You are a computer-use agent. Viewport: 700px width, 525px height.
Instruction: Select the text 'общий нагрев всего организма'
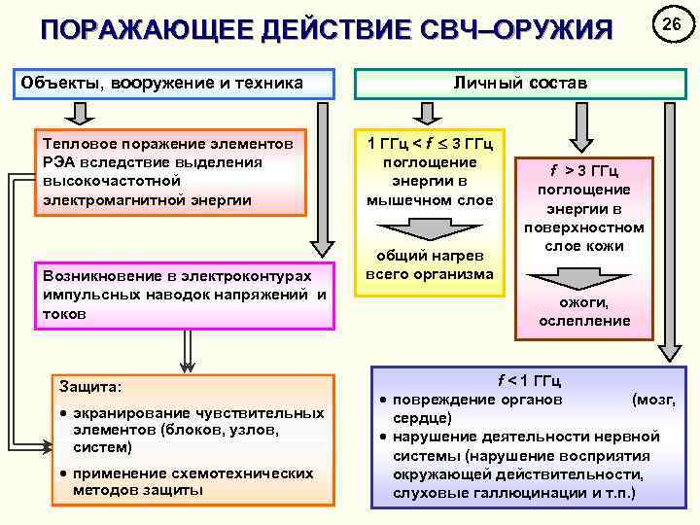(430, 265)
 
